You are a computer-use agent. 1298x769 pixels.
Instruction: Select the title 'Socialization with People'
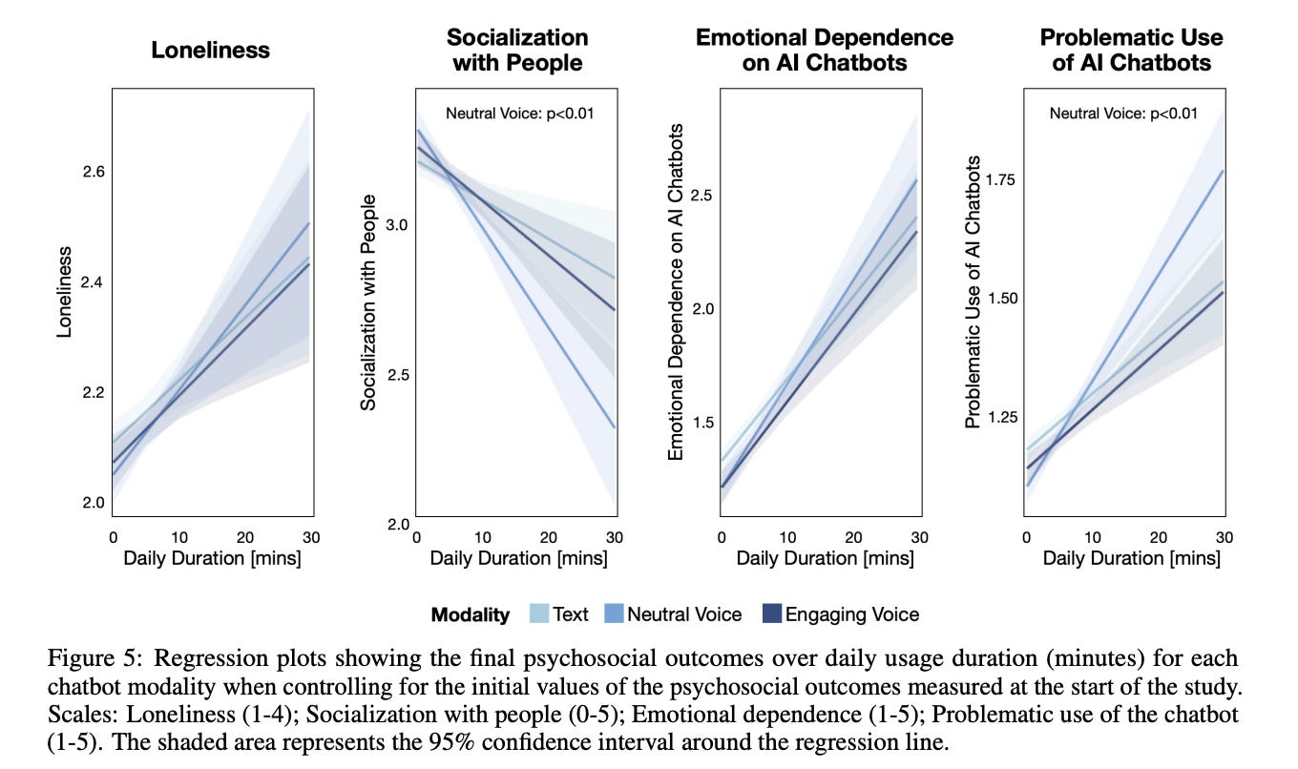517,51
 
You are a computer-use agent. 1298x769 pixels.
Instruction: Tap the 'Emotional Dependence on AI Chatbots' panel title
824,51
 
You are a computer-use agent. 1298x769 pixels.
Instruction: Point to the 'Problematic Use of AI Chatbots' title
1131,51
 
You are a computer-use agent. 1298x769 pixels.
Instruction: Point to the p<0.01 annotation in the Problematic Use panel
1123,114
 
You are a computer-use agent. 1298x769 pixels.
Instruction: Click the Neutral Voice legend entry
683,614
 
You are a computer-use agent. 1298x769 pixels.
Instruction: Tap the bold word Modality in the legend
471,614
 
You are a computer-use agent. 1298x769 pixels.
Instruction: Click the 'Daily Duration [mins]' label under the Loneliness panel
212,558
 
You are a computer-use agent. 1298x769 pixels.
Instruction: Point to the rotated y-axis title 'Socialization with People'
368,302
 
